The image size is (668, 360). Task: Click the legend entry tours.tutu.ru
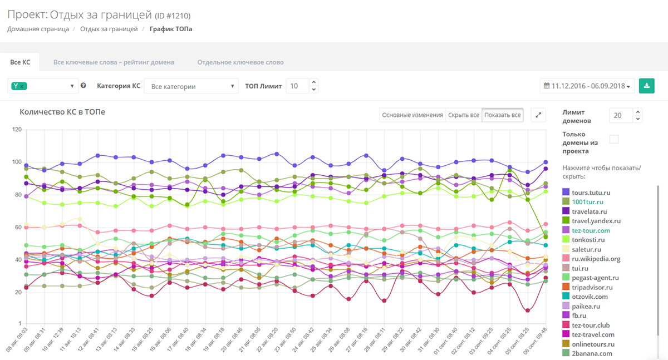586,193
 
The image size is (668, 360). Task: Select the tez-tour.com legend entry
586,230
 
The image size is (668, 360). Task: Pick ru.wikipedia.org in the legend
591,259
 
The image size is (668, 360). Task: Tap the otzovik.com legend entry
585,297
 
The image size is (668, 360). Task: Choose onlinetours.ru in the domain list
588,344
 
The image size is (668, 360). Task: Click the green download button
646,86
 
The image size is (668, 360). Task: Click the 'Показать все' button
503,115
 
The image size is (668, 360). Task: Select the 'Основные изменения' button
412,115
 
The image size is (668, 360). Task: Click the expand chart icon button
538,115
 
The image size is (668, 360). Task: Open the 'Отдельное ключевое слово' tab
240,62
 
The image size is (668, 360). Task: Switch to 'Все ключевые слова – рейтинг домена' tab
114,62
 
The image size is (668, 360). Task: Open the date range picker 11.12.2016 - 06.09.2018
587,86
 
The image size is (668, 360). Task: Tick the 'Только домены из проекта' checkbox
614,139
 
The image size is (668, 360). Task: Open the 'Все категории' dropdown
191,86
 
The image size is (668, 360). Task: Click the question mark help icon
83,86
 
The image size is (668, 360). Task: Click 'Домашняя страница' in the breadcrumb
38,29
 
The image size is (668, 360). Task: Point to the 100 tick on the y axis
17,162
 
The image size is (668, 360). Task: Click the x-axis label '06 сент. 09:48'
536,341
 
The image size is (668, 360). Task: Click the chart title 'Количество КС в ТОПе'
62,112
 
